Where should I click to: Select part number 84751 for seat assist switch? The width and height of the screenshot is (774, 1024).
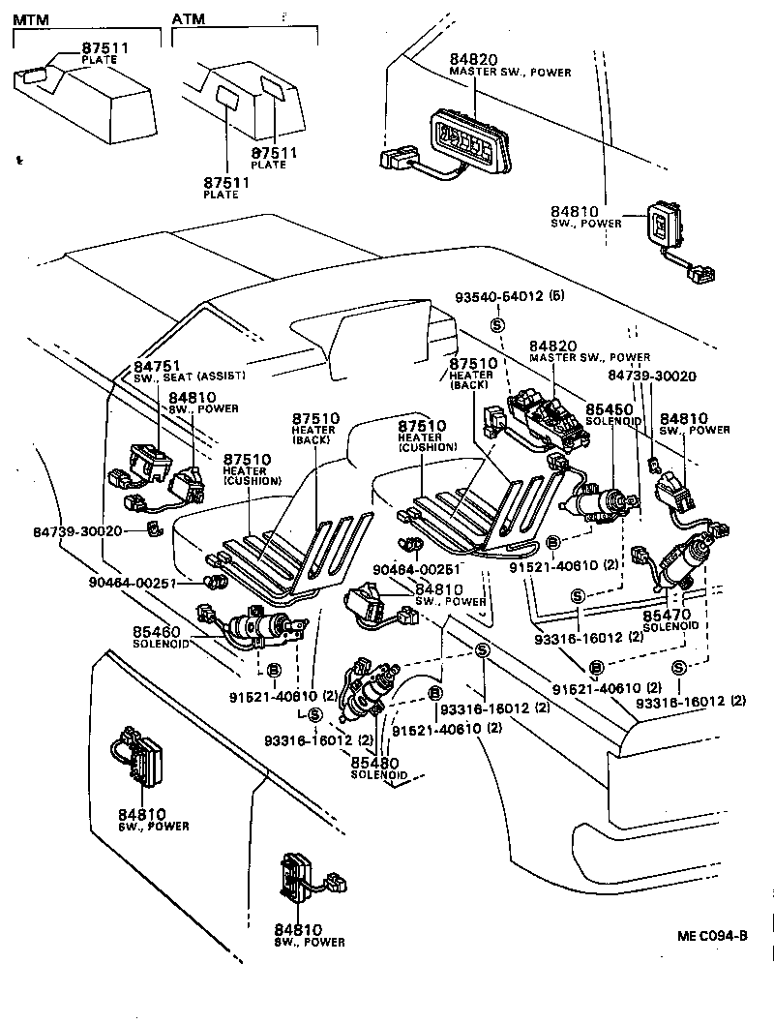(153, 365)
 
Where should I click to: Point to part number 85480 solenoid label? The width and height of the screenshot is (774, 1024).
(373, 764)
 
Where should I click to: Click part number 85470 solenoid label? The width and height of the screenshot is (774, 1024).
(666, 614)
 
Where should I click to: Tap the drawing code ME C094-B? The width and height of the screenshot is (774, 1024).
(712, 937)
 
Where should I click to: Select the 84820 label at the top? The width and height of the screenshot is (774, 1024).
(472, 59)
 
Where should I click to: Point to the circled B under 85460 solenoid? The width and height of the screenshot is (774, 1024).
(274, 670)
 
